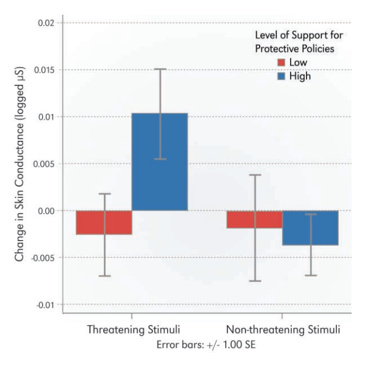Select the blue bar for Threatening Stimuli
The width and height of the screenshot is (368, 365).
160,162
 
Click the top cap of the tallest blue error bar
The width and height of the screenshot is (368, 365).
160,69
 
